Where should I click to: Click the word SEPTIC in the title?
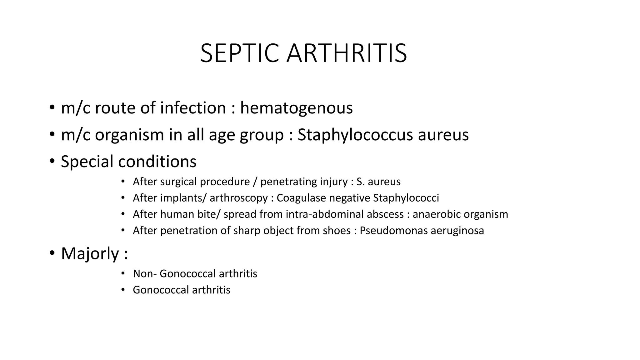coord(239,53)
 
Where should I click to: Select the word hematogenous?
coord(296,108)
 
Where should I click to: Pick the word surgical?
coord(180,182)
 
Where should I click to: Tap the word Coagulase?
coord(301,198)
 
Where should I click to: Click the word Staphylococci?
coord(406,198)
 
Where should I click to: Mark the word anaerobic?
coord(437,214)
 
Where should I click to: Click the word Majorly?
coord(90,253)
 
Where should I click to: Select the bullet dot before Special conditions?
coord(52,161)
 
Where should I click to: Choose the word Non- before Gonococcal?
coord(145,274)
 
